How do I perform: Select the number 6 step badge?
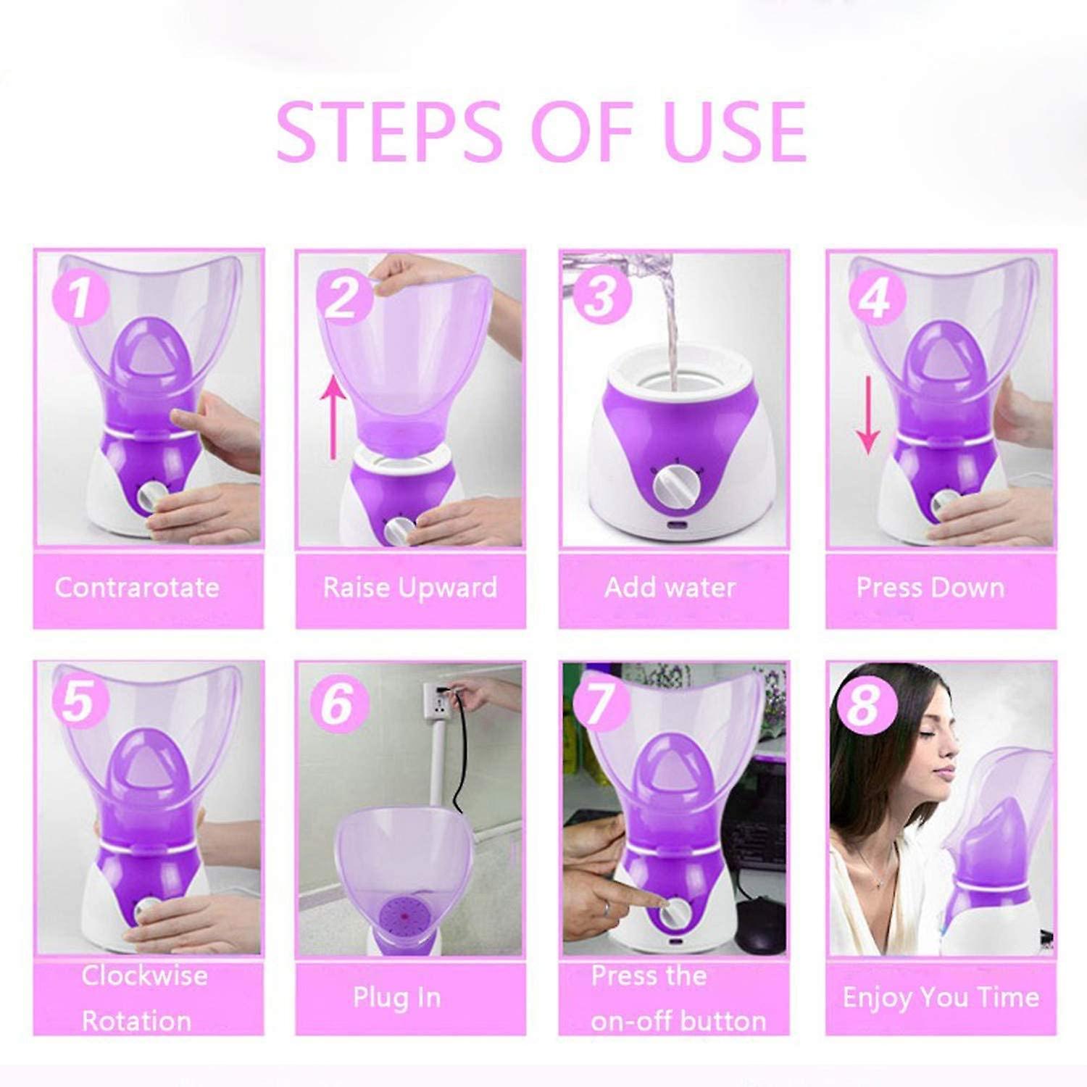coord(338,702)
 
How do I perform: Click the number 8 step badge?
coord(864,703)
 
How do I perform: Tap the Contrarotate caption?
coord(137,588)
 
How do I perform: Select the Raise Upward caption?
coord(410,588)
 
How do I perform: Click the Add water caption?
coord(670,588)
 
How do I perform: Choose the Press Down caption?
coord(930,588)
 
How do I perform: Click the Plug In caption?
coord(397,998)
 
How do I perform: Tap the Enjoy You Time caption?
coord(941,998)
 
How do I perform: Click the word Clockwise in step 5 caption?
coord(144,975)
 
